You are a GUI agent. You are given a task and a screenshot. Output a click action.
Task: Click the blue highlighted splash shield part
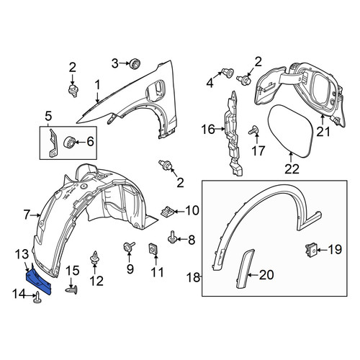[39, 282]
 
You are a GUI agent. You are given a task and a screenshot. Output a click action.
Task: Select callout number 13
[22, 255]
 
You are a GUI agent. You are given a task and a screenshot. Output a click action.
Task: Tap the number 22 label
[292, 168]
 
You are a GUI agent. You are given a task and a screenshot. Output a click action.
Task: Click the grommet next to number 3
[135, 63]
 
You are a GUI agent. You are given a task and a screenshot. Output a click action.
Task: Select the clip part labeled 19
[311, 249]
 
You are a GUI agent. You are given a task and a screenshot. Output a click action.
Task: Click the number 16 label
[208, 130]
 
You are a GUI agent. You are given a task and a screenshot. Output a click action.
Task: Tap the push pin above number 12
[94, 258]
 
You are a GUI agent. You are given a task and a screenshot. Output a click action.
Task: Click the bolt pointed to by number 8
[172, 238]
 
